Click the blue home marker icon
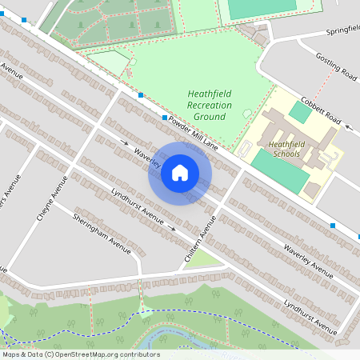click(180, 172)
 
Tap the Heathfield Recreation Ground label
click(209, 105)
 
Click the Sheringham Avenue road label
click(102, 234)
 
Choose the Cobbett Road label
click(322, 111)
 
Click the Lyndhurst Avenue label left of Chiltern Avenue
click(137, 208)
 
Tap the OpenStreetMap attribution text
click(80, 354)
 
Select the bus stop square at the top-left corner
click(25, 20)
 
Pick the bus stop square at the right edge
click(333, 226)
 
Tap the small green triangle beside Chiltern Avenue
click(206, 258)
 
